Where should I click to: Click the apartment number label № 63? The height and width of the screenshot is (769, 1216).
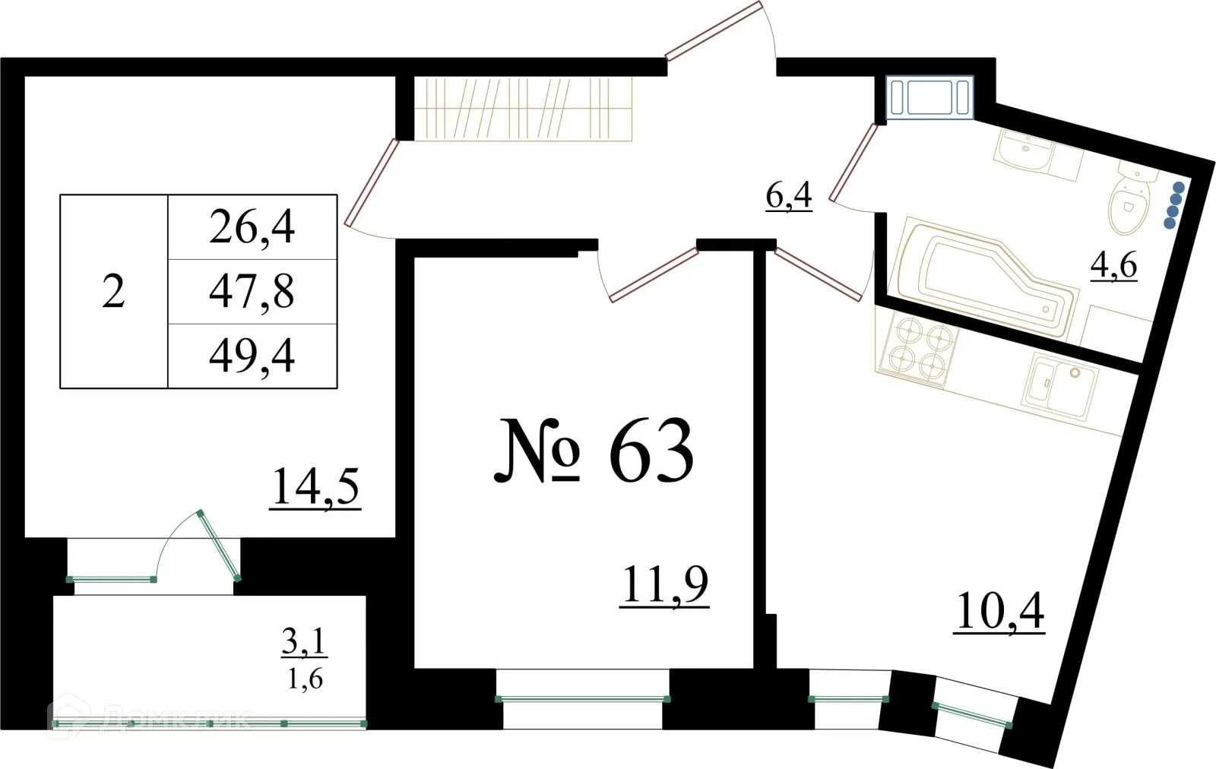pos(594,452)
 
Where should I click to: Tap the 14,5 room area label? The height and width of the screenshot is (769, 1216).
pos(315,486)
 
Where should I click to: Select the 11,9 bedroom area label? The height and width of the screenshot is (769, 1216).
pos(664,584)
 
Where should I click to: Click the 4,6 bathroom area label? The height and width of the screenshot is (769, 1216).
pos(1113,265)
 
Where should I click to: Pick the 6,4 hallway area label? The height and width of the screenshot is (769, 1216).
pos(789,196)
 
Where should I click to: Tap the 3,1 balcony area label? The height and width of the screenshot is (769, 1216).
pos(304,643)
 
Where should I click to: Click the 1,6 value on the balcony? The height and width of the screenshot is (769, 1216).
pos(304,679)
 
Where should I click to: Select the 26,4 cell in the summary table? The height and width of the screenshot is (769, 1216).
pos(252,227)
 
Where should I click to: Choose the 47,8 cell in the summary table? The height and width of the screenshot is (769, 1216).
pos(252,292)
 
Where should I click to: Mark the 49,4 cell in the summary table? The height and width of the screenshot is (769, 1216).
pos(252,356)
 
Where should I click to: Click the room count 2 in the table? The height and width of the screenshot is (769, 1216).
pos(113,292)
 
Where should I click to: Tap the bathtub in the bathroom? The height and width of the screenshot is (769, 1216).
pos(984,277)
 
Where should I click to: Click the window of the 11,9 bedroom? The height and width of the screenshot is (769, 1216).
pos(583,699)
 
